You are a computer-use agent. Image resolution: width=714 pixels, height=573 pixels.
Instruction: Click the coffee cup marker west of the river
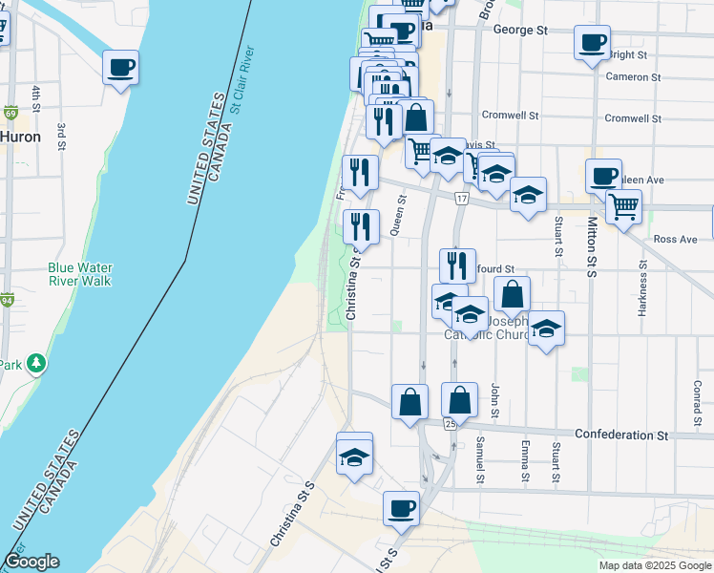120,68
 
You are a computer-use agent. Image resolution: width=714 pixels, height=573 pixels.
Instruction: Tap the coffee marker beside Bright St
592,43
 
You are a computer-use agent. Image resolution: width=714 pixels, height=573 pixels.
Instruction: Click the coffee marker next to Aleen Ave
603,177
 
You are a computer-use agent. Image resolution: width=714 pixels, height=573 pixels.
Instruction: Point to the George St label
520,31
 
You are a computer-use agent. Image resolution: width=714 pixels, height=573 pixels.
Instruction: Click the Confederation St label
621,435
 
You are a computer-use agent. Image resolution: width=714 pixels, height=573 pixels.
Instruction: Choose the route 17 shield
462,199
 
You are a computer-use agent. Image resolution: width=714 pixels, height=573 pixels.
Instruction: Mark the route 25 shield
449,423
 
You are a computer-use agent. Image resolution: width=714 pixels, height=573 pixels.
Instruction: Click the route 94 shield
9,300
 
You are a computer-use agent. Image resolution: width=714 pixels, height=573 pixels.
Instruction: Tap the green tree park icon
36,363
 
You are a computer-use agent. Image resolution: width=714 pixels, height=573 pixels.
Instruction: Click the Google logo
31,562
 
